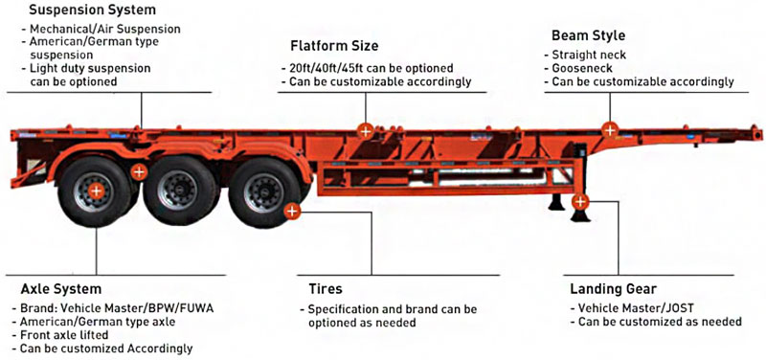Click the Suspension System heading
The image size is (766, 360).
pyautogui.click(x=78, y=10)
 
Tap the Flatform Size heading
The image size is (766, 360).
pyautogui.click(x=334, y=45)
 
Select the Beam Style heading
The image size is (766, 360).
pyautogui.click(x=587, y=35)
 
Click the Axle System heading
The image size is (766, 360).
pyautogui.click(x=61, y=288)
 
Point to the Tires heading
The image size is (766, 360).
pyautogui.click(x=325, y=288)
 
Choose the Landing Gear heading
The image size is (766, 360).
pyautogui.click(x=612, y=288)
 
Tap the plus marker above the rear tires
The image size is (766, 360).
pyautogui.click(x=139, y=172)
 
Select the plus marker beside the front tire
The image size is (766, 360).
pyautogui.click(x=292, y=208)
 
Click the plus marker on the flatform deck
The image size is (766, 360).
pyautogui.click(x=365, y=129)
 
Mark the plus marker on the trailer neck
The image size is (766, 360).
pyautogui.click(x=609, y=129)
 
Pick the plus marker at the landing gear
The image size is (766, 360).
pyautogui.click(x=580, y=202)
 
